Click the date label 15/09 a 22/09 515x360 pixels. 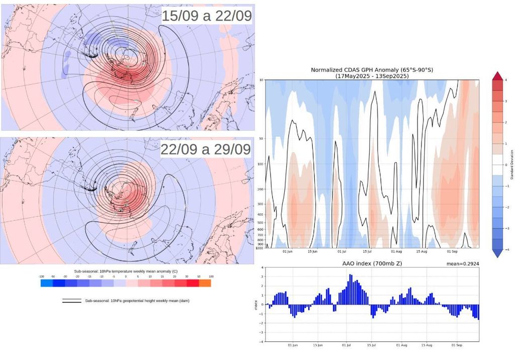tap(207, 16)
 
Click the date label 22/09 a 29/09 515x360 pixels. tap(206, 150)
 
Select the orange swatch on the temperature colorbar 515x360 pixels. tap(205, 284)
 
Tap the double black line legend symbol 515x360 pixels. tap(72, 301)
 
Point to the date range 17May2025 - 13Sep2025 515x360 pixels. tap(371, 76)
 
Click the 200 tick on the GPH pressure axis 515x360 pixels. tap(261, 189)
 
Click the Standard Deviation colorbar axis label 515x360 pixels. tap(511, 164)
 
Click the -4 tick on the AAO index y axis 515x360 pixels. tap(261, 341)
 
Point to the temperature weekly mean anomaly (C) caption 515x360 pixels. tap(126, 271)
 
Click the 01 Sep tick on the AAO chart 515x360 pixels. tap(455, 345)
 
